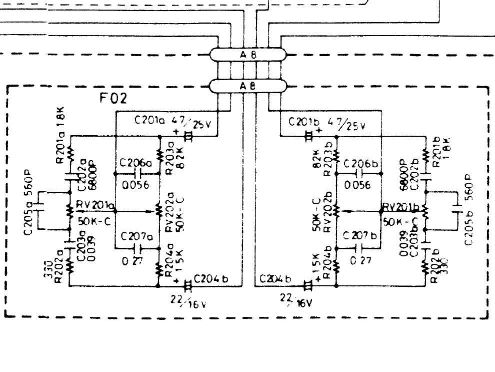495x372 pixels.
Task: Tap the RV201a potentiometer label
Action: coord(94,205)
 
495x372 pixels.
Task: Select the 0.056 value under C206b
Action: coord(357,185)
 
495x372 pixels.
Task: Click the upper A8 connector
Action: coord(247,55)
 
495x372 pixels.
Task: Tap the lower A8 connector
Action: coord(247,86)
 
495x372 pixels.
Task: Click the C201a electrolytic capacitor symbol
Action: coord(188,136)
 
